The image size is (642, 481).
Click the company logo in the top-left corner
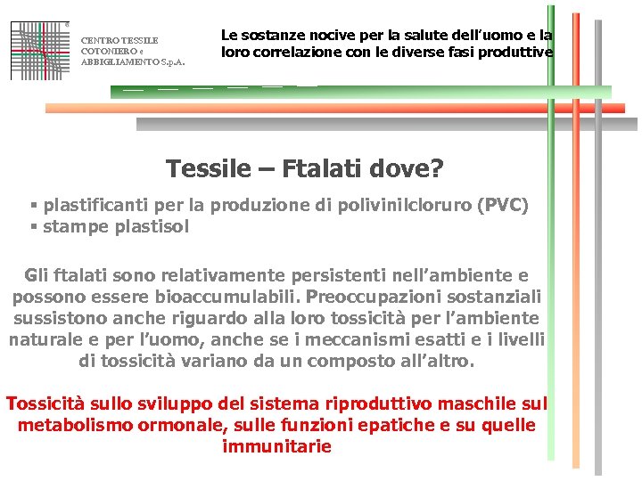tap(40, 50)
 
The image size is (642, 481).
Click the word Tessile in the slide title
tap(208, 168)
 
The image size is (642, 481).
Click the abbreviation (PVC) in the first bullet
tap(504, 206)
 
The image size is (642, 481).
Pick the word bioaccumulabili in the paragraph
tap(233, 297)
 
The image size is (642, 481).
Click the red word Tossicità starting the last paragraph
tap(45, 404)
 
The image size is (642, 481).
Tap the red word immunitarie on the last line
tap(276, 446)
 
